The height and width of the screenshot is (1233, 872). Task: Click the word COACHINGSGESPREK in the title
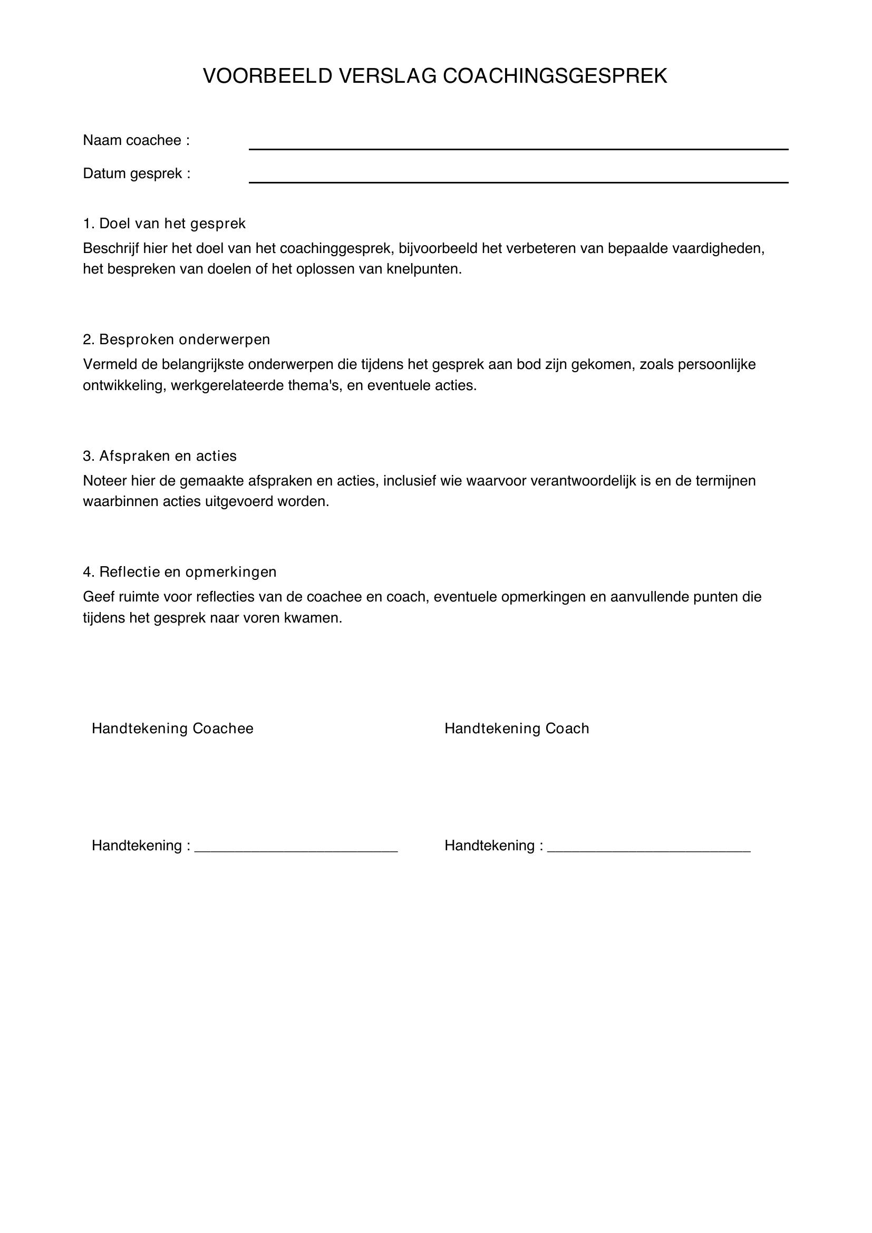(555, 76)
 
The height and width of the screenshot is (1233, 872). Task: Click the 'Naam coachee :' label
(137, 141)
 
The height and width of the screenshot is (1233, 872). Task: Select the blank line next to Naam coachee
(518, 148)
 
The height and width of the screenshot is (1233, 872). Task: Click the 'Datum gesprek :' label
(137, 174)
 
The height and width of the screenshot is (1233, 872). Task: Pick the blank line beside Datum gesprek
(518, 182)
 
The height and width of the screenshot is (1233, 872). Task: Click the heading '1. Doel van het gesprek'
(164, 224)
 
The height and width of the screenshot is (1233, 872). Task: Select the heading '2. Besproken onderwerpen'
(177, 339)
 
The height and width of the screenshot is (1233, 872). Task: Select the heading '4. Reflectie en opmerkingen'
(180, 572)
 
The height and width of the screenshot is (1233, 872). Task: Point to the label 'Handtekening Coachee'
(172, 729)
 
